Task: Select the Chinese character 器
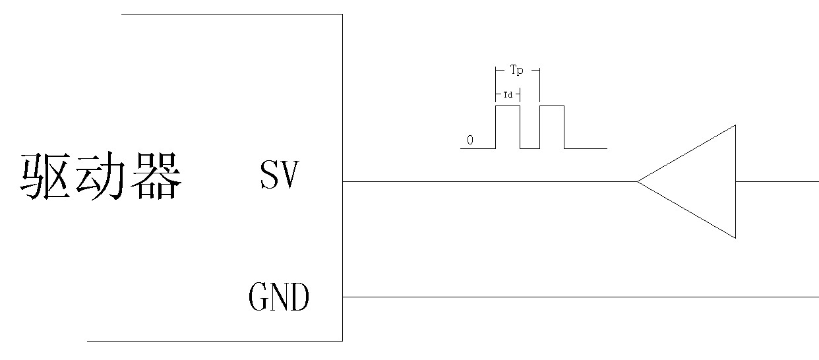click(x=154, y=177)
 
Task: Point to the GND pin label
click(x=279, y=297)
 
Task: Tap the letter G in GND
click(x=258, y=297)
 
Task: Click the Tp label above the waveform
click(x=516, y=69)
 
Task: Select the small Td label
click(x=508, y=95)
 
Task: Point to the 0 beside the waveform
click(x=470, y=140)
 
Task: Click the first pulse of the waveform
click(x=508, y=125)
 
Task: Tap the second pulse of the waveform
click(x=552, y=125)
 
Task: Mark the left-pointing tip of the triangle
click(x=638, y=181)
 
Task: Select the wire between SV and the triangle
click(x=488, y=181)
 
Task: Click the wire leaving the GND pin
click(x=580, y=297)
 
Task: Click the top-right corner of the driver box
click(x=342, y=15)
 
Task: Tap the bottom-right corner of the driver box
click(x=342, y=341)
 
